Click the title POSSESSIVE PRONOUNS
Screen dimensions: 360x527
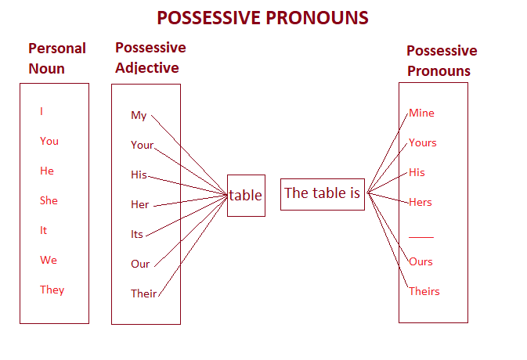[262, 17]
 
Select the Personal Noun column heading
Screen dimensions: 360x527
[56, 59]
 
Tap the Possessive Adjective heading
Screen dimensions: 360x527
[150, 58]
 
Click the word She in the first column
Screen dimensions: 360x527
[49, 200]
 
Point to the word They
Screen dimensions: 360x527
[52, 290]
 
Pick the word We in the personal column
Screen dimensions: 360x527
[49, 260]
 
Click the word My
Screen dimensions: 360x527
[139, 116]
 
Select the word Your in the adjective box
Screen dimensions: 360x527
[142, 146]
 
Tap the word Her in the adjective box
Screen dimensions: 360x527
[139, 205]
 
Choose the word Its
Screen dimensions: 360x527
[137, 234]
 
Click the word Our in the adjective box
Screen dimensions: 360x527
[140, 264]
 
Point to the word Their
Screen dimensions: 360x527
[143, 293]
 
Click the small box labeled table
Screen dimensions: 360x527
[246, 196]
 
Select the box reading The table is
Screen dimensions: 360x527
[322, 193]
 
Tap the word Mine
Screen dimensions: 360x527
[421, 113]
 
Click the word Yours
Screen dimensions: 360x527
[423, 142]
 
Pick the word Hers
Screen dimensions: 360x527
[421, 202]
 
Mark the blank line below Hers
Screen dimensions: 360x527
[421, 236]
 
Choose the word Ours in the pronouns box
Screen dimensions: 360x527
[421, 261]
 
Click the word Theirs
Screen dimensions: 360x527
[424, 291]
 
